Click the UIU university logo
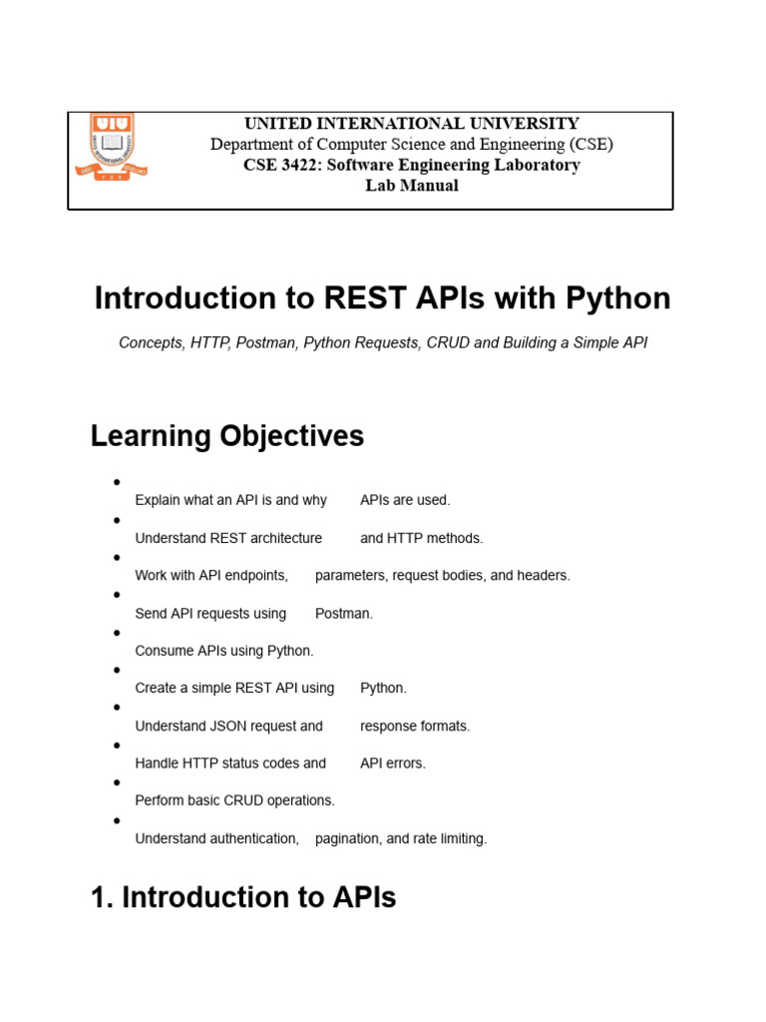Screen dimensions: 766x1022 point(111,147)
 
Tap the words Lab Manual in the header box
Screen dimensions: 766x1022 point(412,186)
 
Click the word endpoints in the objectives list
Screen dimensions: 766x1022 point(256,576)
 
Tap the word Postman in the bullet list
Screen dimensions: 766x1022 point(344,614)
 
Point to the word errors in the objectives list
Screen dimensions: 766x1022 point(407,764)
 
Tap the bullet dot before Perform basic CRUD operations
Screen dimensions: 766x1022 point(118,782)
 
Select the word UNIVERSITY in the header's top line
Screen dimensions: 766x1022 point(525,123)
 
